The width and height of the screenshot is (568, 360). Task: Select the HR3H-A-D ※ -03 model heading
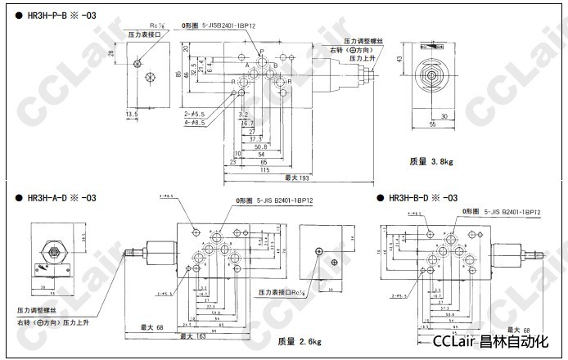pos(62,198)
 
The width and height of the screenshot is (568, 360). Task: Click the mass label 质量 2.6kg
pos(298,341)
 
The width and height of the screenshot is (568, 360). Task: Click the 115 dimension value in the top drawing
pos(264,170)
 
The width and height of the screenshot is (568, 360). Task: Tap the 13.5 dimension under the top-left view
pos(132,115)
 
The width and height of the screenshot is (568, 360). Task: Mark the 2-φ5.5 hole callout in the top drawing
pos(198,114)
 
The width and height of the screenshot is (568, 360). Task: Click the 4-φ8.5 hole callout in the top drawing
pos(198,123)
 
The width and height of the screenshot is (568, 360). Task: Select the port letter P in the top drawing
pos(261,52)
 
